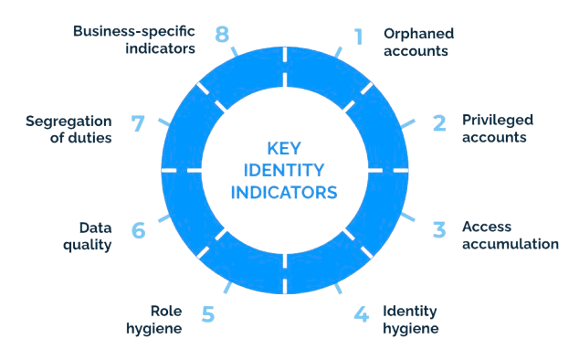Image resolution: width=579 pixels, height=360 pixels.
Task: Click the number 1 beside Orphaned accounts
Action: click(x=358, y=37)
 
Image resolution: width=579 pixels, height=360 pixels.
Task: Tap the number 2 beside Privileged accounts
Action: click(x=439, y=123)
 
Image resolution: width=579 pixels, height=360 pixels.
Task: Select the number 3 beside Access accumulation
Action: click(x=439, y=229)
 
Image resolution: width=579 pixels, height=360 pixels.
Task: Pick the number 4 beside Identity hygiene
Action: click(x=361, y=313)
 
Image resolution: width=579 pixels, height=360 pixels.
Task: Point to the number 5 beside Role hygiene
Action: click(x=208, y=313)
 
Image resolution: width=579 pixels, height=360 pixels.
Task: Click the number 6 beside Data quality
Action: click(x=139, y=230)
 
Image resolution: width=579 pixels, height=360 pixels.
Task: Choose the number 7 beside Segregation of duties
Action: click(x=138, y=123)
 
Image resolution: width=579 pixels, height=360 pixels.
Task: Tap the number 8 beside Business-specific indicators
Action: click(x=222, y=35)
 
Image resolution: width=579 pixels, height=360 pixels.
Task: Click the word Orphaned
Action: click(x=419, y=34)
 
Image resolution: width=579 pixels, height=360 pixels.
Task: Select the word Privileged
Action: click(x=498, y=121)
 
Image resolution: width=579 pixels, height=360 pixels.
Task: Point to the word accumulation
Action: click(x=511, y=244)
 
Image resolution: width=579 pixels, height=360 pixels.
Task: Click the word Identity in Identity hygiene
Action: click(x=409, y=312)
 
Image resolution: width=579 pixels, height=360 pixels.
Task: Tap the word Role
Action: click(x=166, y=311)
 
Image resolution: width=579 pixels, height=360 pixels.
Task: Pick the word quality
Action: click(x=87, y=245)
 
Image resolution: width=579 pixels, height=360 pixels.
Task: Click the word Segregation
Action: click(x=68, y=122)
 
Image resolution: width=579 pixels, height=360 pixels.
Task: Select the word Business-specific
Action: click(x=134, y=32)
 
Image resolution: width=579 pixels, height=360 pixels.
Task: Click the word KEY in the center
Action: click(x=284, y=149)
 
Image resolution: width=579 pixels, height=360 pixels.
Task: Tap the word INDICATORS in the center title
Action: click(x=284, y=192)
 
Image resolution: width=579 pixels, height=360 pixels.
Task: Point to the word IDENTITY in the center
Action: click(x=284, y=170)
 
